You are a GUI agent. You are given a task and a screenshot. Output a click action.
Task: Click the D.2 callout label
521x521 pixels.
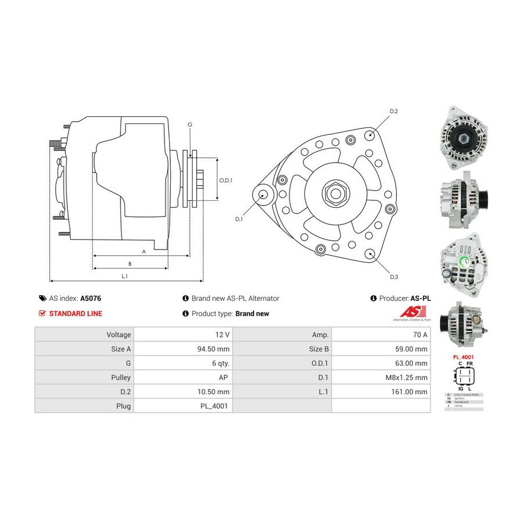click(x=394, y=111)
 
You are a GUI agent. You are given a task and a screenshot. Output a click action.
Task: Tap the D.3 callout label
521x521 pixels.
click(x=394, y=277)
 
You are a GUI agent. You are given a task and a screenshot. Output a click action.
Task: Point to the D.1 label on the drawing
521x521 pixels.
click(x=239, y=219)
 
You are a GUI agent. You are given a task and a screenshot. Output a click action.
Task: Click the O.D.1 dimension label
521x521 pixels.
click(x=225, y=180)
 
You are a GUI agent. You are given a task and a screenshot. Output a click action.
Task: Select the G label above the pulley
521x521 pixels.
click(x=190, y=124)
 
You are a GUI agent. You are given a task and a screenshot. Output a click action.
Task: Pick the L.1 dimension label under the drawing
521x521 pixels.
click(x=124, y=276)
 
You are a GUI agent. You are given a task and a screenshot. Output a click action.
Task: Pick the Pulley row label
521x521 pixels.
click(x=120, y=377)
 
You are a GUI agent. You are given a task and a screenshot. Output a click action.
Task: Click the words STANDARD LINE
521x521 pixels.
click(x=76, y=313)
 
